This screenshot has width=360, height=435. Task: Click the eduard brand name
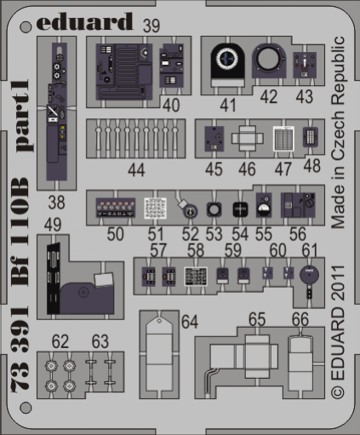click(84, 21)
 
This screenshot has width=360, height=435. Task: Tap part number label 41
click(228, 105)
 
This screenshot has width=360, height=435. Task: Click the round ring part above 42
click(268, 60)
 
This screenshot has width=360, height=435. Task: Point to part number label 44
click(136, 170)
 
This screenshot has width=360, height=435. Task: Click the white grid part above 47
click(283, 139)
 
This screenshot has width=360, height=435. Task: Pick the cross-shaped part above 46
click(247, 139)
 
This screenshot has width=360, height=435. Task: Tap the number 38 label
click(56, 203)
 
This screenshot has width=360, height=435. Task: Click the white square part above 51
click(155, 209)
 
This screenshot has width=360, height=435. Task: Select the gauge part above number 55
click(264, 205)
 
